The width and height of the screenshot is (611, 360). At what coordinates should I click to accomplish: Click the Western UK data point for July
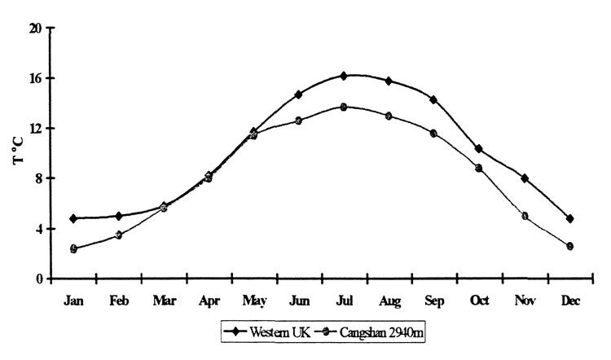pos(344,76)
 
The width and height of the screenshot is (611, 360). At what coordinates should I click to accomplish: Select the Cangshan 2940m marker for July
pos(344,107)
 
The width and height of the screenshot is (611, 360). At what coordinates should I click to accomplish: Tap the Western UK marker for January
pos(73,218)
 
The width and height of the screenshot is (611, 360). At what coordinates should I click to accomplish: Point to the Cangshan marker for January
pos(73,248)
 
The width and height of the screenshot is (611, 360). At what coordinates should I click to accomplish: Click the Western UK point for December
pos(569,218)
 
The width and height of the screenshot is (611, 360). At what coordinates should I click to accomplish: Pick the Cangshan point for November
pos(525,216)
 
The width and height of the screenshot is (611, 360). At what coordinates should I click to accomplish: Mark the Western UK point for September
pos(433,99)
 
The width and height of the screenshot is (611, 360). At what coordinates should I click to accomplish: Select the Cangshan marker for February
pos(119,235)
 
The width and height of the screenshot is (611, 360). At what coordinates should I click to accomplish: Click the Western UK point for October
pos(479,149)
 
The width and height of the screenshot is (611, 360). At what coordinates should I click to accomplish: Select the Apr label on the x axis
pos(209,301)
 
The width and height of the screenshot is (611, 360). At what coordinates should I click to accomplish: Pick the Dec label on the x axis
pos(569,301)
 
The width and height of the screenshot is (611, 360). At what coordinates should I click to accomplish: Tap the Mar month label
pos(164,301)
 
